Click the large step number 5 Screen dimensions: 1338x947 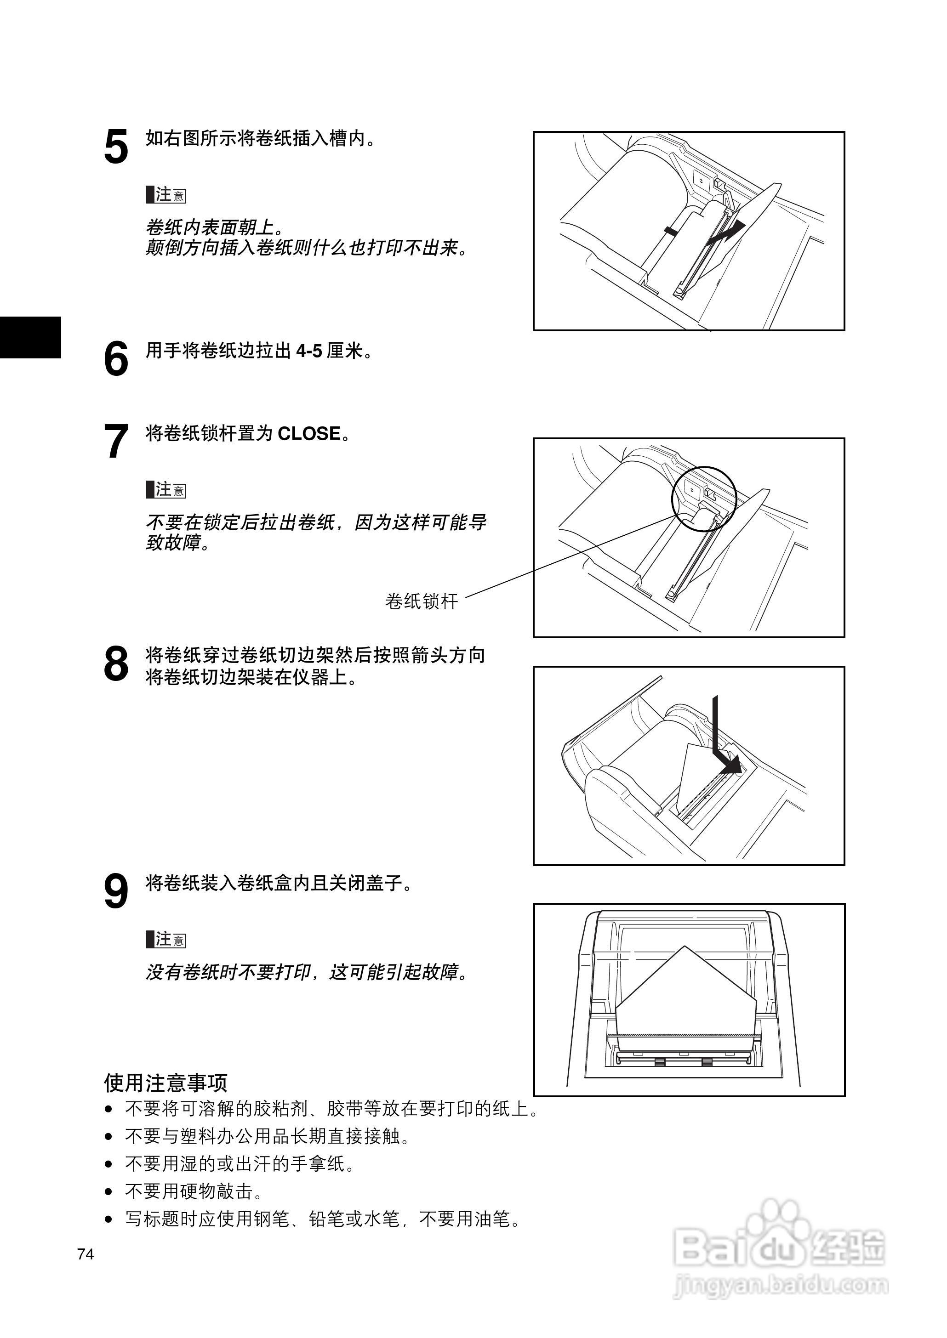tap(116, 147)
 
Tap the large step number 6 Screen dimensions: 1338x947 tap(116, 358)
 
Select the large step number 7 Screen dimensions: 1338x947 tap(116, 442)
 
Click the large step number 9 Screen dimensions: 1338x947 tap(116, 891)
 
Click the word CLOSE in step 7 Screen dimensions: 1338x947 tap(309, 434)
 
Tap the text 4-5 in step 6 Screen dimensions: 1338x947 tap(309, 351)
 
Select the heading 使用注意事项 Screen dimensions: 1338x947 tap(165, 1083)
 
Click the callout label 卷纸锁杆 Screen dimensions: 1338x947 tap(422, 601)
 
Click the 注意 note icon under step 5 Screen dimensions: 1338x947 tap(166, 195)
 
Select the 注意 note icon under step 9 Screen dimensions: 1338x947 tap(166, 939)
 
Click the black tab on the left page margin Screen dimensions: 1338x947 tap(30, 337)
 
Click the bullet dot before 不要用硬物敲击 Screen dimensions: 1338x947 tap(108, 1192)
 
